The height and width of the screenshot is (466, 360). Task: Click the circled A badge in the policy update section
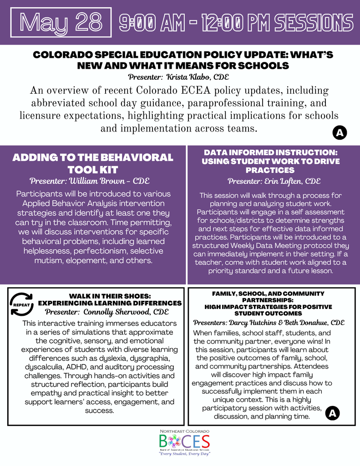[340, 133]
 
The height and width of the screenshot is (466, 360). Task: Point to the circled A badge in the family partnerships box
[333, 413]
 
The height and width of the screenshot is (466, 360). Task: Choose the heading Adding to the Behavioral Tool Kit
[93, 164]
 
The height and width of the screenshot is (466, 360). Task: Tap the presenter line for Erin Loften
[274, 182]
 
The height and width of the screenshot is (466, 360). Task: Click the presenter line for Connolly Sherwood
[107, 312]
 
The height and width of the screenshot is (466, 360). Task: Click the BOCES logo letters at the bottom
[184, 442]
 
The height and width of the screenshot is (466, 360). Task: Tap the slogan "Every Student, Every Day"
[184, 454]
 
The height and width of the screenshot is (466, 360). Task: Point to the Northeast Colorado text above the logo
[184, 431]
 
